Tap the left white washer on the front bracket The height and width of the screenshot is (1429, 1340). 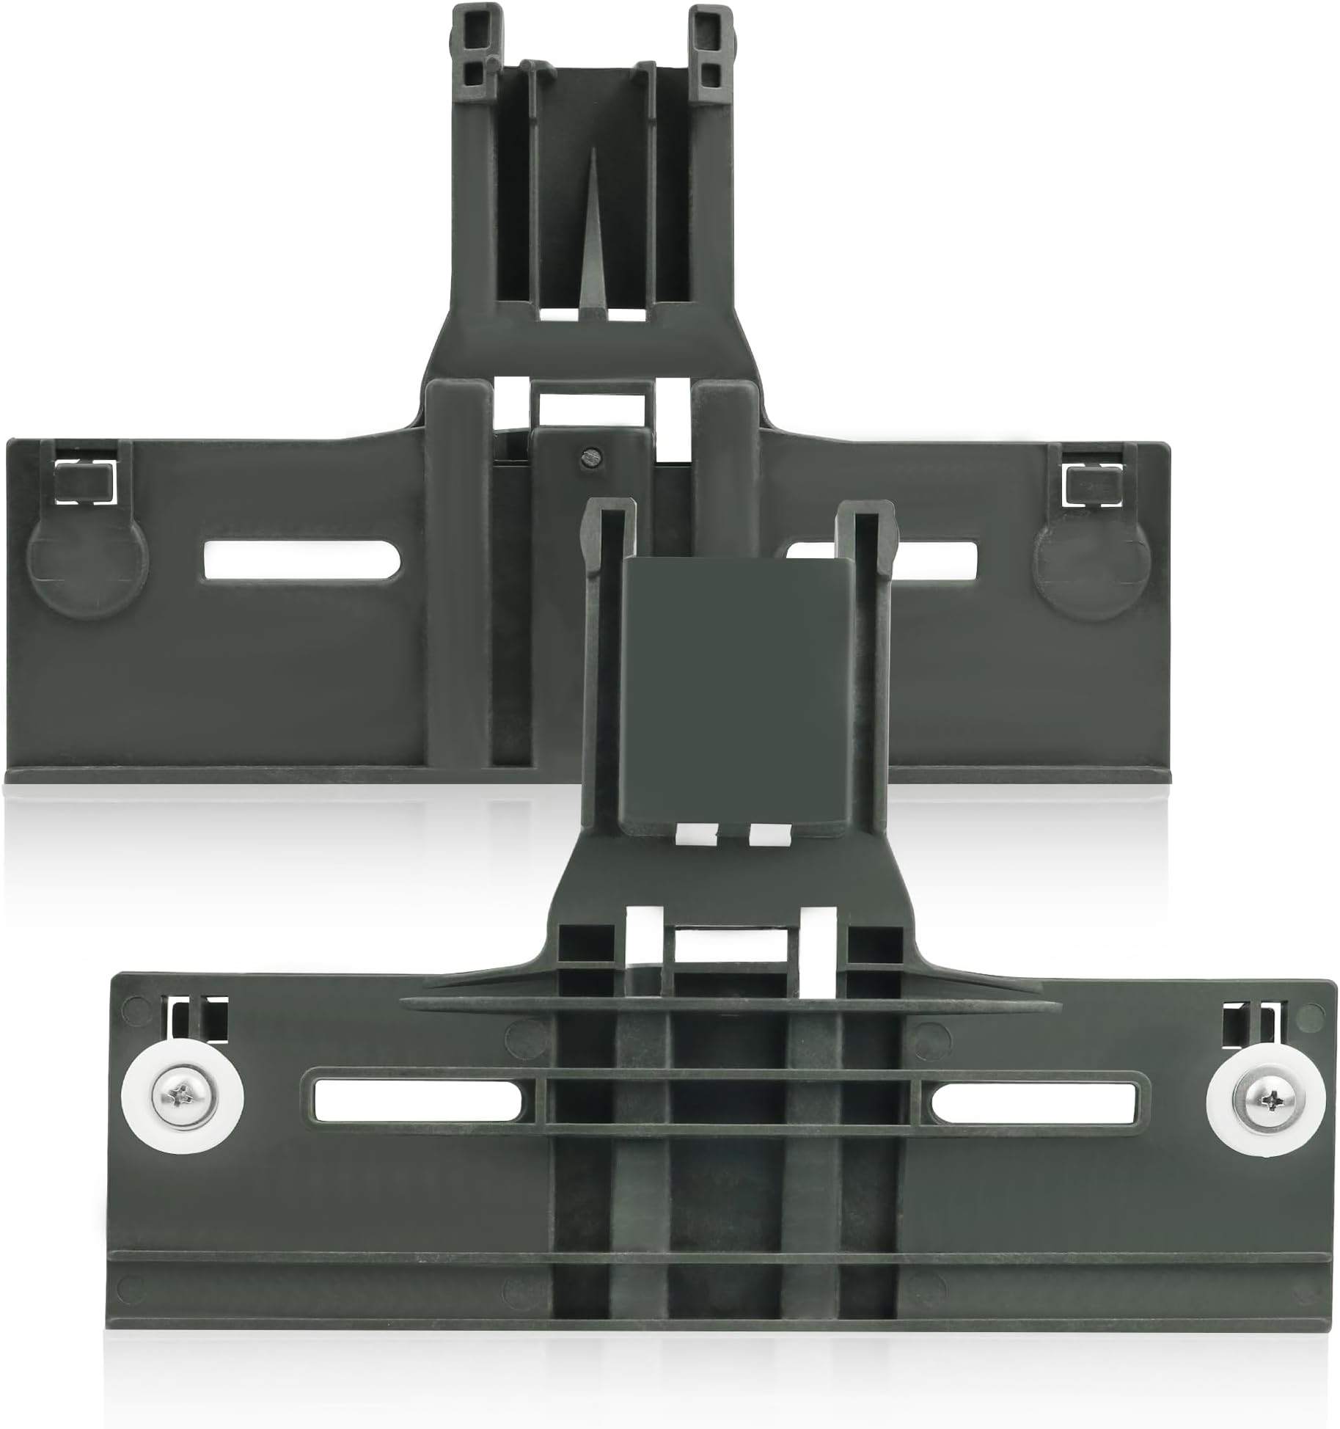[151, 1100]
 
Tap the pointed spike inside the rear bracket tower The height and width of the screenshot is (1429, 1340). [592, 257]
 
